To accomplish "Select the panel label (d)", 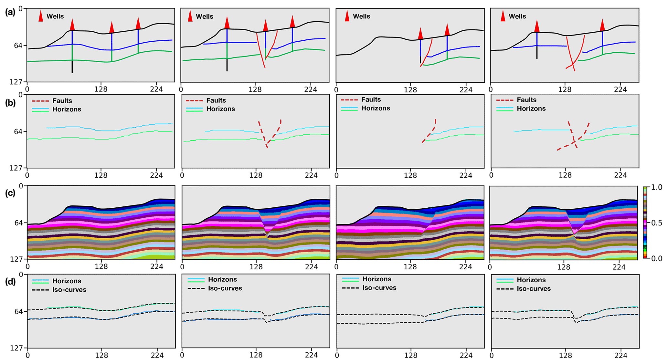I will (10, 282).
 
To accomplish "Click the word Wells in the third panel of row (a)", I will (361, 16).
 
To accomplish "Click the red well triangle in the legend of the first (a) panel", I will (41, 16).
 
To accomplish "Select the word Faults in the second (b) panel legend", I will (216, 101).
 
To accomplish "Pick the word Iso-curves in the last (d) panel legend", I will (534, 289).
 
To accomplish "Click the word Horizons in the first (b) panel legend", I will (67, 109).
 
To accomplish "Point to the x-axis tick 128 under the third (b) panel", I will (410, 175).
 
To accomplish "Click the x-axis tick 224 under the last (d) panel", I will (620, 356).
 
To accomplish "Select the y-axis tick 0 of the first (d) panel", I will (21, 275).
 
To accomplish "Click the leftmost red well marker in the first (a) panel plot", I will (72, 25).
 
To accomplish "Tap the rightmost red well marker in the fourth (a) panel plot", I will (602, 25).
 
